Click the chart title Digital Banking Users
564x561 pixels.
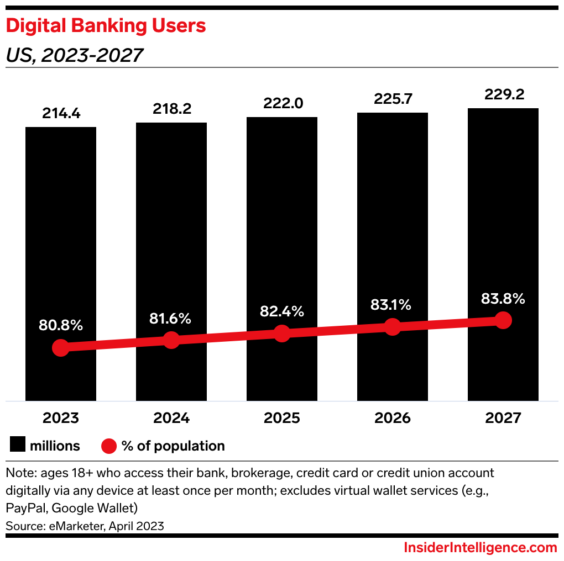106,26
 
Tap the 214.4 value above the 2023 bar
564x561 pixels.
61,114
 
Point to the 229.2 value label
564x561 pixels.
503,94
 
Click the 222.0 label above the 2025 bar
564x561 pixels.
282,104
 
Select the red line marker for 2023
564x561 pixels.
60,348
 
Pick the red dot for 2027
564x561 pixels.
503,320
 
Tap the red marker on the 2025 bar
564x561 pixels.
282,334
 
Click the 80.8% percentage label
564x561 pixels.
61,325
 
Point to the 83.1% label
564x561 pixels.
392,304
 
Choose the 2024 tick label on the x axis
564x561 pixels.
171,418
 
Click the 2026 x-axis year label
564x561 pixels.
392,418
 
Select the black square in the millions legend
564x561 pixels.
18,446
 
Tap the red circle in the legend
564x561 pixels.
109,446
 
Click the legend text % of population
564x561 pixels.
173,446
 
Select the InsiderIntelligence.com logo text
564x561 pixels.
479,548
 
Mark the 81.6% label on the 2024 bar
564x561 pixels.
171,319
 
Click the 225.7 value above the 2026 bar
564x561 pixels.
392,99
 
